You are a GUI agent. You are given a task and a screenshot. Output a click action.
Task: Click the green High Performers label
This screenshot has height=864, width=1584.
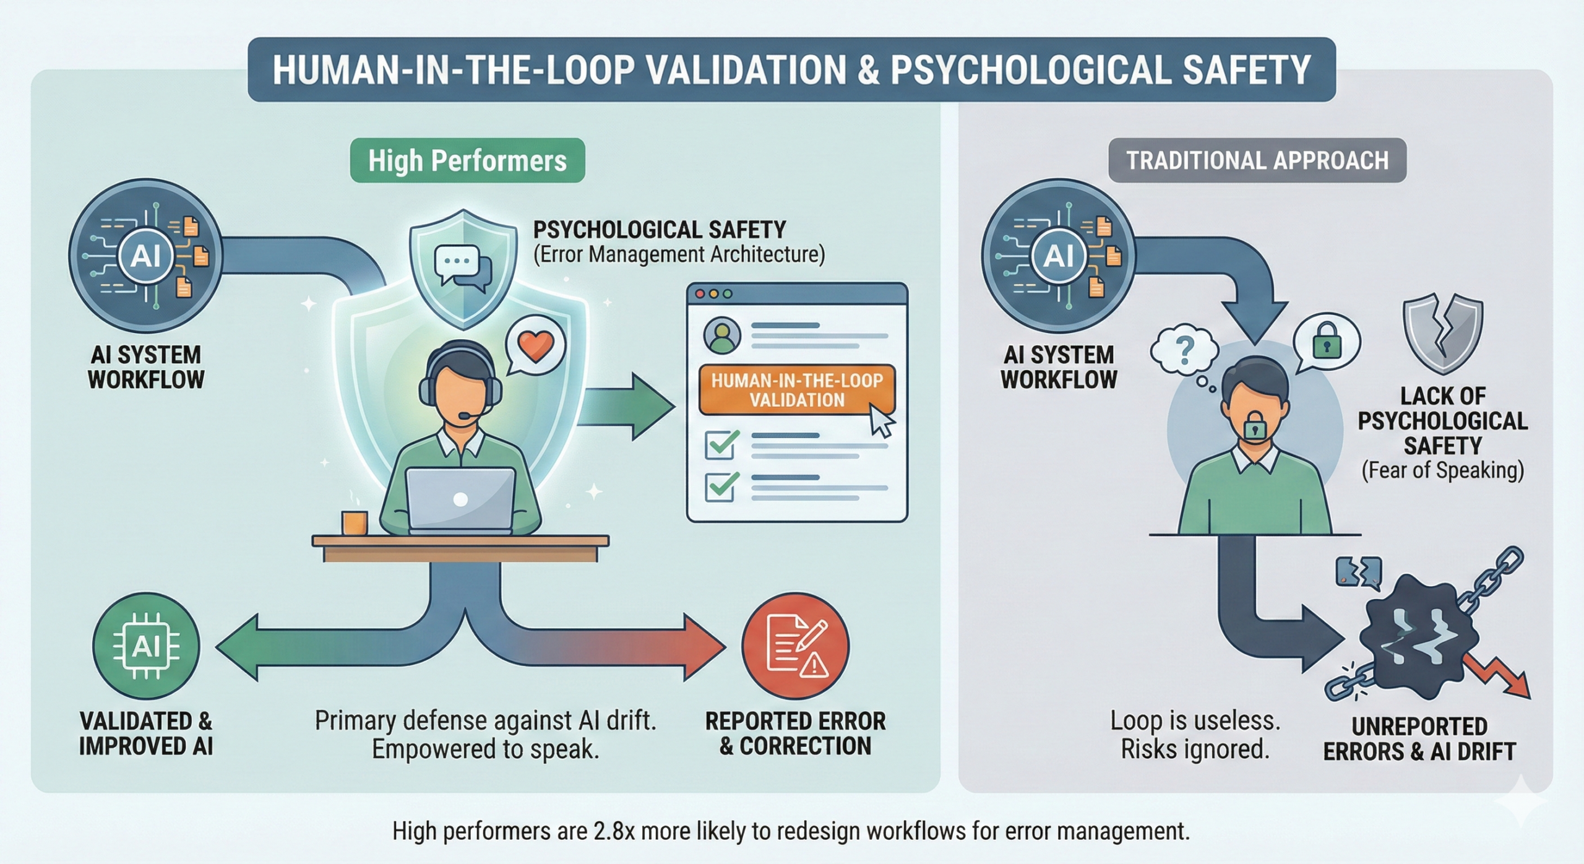pyautogui.click(x=467, y=160)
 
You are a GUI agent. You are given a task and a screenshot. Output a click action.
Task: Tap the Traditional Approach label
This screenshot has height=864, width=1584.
pyautogui.click(x=1257, y=160)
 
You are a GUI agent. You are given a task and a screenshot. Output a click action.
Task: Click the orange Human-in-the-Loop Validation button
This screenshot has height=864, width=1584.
pyautogui.click(x=796, y=390)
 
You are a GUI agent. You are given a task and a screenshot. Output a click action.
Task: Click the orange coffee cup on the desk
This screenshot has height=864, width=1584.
pyautogui.click(x=355, y=522)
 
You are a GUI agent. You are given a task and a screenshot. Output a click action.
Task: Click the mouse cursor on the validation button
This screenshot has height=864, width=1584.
pyautogui.click(x=882, y=422)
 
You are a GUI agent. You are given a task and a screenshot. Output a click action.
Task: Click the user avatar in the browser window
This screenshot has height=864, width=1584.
pyautogui.click(x=722, y=335)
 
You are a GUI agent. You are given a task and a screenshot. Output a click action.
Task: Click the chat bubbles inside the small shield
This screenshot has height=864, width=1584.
pyautogui.click(x=463, y=266)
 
